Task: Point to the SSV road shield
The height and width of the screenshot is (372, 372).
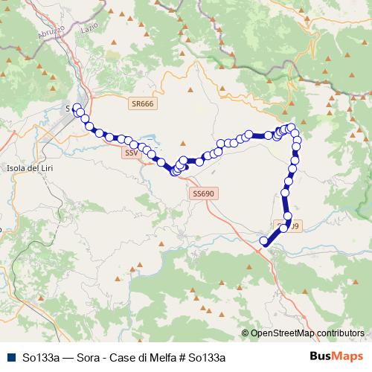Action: click(131, 153)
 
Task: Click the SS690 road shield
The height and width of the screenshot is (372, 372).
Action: click(202, 193)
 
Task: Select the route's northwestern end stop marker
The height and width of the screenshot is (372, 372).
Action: click(77, 106)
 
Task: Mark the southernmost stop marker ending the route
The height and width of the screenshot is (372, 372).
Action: click(263, 240)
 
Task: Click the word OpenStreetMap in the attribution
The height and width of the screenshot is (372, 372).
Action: click(283, 333)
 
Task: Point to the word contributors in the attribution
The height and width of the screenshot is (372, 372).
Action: click(341, 333)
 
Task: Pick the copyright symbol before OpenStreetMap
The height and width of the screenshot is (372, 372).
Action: click(246, 333)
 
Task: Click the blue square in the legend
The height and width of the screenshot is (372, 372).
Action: click(11, 356)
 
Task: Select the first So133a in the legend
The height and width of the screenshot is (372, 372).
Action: click(41, 356)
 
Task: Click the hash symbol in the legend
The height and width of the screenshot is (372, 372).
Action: click(182, 356)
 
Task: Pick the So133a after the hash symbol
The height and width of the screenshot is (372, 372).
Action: click(205, 356)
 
